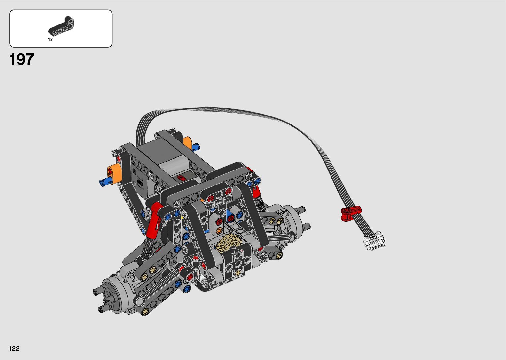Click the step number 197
[22, 60]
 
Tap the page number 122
[15, 348]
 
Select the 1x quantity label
[50, 40]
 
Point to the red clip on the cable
[350, 213]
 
